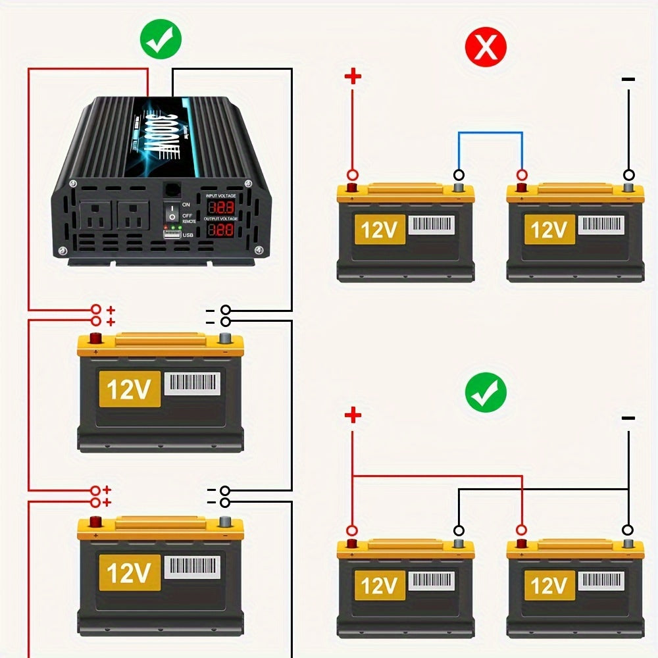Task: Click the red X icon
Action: coord(486,47)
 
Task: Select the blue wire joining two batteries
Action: coord(490,133)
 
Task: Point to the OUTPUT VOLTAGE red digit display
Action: coord(221,230)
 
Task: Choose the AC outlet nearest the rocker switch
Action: coord(134,216)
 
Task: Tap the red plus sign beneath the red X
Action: coord(353,77)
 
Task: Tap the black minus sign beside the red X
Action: coord(628,80)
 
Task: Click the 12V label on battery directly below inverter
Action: coord(129,389)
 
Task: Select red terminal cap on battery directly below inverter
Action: coord(95,339)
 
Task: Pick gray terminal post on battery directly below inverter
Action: coord(225,340)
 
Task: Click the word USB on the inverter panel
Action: coord(188,235)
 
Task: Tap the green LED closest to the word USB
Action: coord(180,228)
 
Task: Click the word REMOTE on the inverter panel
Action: coord(189,222)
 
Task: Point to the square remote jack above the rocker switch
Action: coord(172,190)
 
